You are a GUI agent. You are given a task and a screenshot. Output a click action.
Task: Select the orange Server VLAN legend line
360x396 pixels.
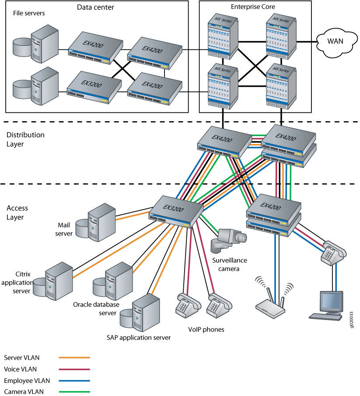point(74,358)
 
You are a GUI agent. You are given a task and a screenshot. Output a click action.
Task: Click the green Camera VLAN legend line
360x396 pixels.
point(74,392)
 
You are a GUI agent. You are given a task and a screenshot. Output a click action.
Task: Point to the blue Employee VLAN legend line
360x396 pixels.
point(74,381)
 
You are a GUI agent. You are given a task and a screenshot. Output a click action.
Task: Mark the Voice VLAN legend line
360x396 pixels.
point(74,369)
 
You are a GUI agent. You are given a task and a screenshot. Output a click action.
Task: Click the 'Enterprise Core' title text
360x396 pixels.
point(255,7)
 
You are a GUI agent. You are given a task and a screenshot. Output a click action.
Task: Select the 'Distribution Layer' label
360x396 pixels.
point(25,139)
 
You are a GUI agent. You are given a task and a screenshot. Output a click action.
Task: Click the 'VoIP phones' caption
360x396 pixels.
point(206,329)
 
